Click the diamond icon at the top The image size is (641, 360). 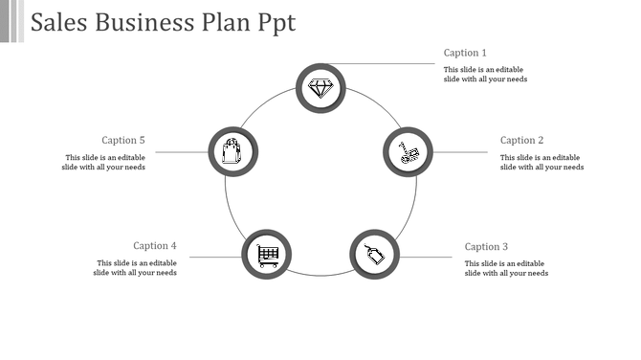tap(320, 88)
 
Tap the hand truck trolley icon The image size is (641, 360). tap(409, 152)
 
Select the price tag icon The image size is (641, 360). tap(375, 254)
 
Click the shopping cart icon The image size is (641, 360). tap(268, 255)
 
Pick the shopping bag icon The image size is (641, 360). tap(232, 151)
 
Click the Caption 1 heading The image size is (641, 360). tap(465, 53)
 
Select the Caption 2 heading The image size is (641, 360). tap(521, 141)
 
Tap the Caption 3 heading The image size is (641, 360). tap(486, 247)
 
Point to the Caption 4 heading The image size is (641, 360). tap(155, 246)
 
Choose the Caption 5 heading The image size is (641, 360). tap(123, 141)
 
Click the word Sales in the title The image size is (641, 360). tap(58, 23)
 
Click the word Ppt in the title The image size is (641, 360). tap(276, 23)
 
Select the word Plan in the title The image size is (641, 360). tap(225, 23)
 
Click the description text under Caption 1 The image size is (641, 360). tap(485, 75)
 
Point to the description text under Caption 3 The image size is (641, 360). tap(506, 268)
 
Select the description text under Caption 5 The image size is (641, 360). tap(105, 163)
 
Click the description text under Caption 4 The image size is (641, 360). tap(135, 268)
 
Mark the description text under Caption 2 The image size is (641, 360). tap(542, 163)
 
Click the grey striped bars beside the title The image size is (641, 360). tap(11, 21)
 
